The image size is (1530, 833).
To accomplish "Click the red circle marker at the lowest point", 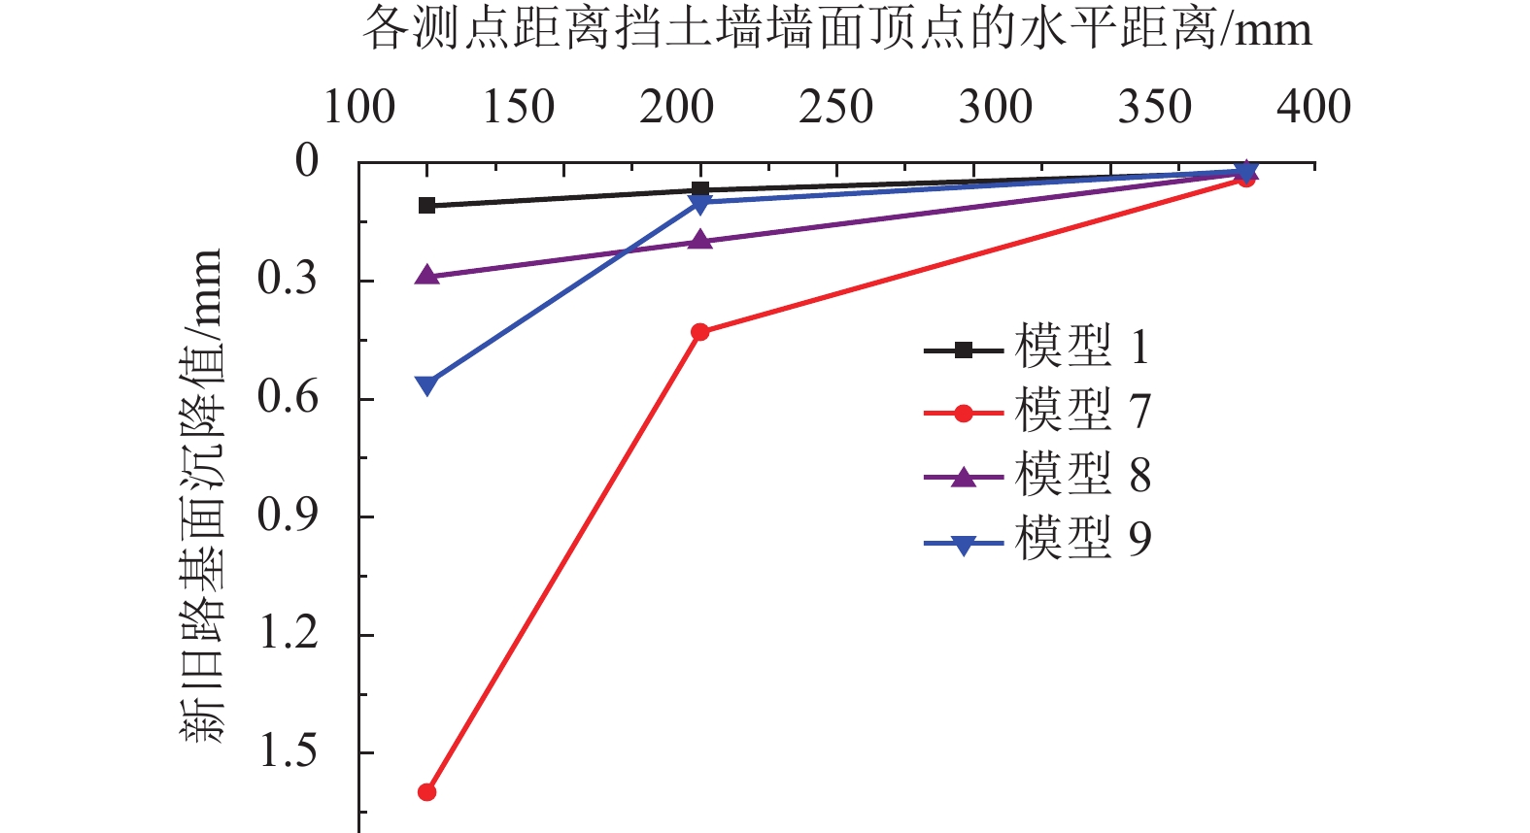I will pyautogui.click(x=426, y=792).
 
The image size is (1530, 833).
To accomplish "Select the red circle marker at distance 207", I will pyautogui.click(x=699, y=332).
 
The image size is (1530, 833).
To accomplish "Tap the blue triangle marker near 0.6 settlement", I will pyautogui.click(x=426, y=385).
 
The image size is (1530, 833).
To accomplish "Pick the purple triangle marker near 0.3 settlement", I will pyautogui.click(x=426, y=276).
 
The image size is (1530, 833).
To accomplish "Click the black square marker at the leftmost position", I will pyautogui.click(x=426, y=205).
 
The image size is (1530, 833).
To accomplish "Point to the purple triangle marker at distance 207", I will pyautogui.click(x=699, y=240).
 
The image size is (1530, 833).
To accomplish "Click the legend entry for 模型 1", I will pyautogui.click(x=1036, y=348).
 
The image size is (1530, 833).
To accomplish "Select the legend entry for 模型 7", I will pyautogui.click(x=1036, y=412).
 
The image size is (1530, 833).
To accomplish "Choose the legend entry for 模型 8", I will pyautogui.click(x=1036, y=476).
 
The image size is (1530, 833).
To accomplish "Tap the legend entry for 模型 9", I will pyautogui.click(x=1036, y=540).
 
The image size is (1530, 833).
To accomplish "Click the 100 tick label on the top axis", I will pyautogui.click(x=359, y=107).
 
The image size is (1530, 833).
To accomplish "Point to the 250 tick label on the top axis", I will pyautogui.click(x=836, y=107).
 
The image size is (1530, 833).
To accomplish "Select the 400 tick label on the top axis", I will pyautogui.click(x=1313, y=107).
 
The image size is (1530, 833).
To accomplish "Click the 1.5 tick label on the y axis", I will pyautogui.click(x=289, y=751).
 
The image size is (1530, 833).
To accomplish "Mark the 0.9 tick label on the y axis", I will pyautogui.click(x=289, y=516).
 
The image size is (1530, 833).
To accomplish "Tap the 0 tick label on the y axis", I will pyautogui.click(x=307, y=161).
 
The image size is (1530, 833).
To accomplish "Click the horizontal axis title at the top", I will pyautogui.click(x=836, y=29).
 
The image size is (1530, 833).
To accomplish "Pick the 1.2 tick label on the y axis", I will pyautogui.click(x=289, y=634).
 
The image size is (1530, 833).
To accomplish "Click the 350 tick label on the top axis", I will pyautogui.click(x=1154, y=107).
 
